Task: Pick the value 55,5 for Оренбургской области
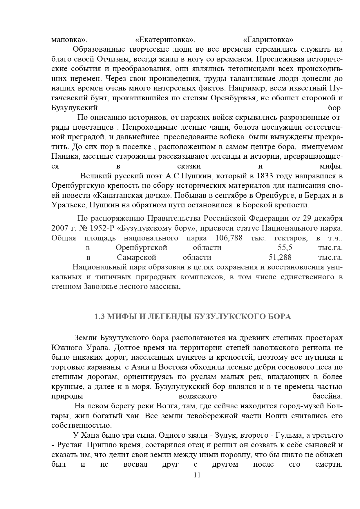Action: tap(285, 248)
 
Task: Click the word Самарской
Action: tap(137, 257)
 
